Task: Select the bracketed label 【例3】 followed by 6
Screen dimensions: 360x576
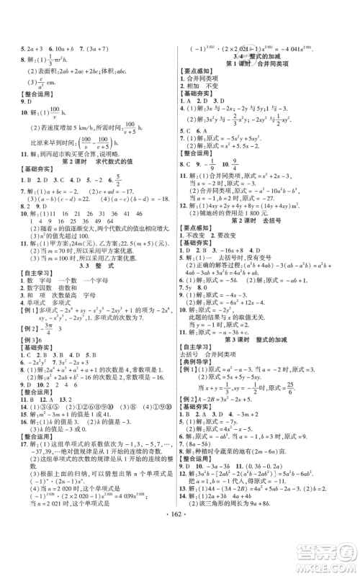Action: (22, 359)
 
